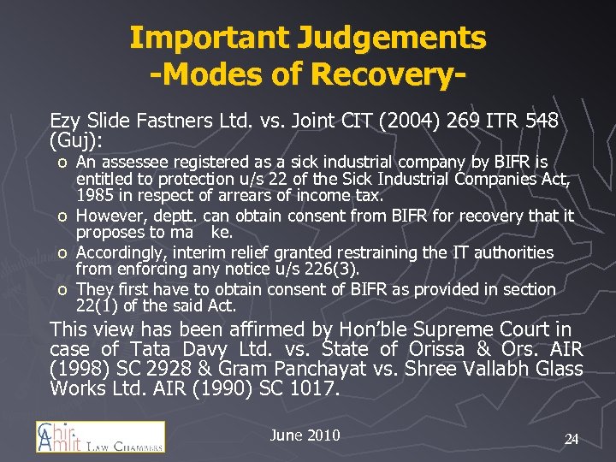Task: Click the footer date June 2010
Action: pyautogui.click(x=305, y=435)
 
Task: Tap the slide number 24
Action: pyautogui.click(x=572, y=439)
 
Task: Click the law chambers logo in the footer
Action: pyautogui.click(x=100, y=436)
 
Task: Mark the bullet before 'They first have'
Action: pyautogui.click(x=62, y=290)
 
